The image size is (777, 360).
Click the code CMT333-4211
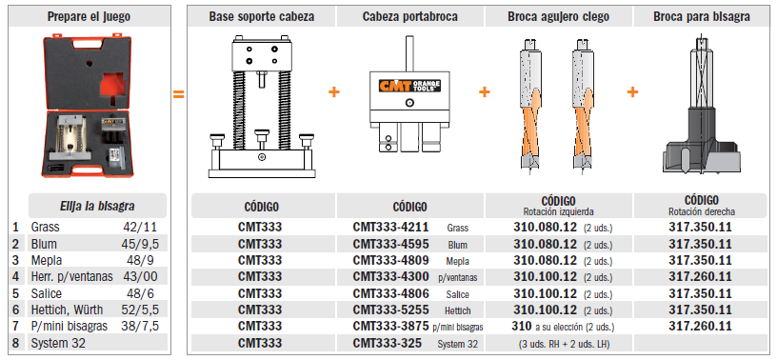point(391,227)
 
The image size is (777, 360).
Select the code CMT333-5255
point(391,310)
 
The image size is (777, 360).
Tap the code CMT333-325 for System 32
point(388,343)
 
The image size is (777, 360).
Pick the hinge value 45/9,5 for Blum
point(139,244)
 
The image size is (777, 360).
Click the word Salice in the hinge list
point(47,293)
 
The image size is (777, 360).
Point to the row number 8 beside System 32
point(16,343)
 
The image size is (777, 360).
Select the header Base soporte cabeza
point(262,17)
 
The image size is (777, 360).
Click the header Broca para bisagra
point(701,17)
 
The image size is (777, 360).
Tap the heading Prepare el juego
point(89,17)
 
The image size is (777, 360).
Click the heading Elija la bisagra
point(97,206)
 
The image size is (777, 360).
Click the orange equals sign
point(178,93)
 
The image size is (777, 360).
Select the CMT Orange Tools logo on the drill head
point(409,86)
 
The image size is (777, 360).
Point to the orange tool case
point(88,107)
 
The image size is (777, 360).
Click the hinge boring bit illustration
point(701,104)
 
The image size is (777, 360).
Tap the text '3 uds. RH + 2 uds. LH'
point(563,344)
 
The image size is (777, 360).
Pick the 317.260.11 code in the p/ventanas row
point(700,277)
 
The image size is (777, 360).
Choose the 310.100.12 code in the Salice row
point(545,293)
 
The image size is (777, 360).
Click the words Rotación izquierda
point(558,211)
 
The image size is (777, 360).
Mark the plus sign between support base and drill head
point(334,92)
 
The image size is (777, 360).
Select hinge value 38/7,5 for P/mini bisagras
point(140,327)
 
